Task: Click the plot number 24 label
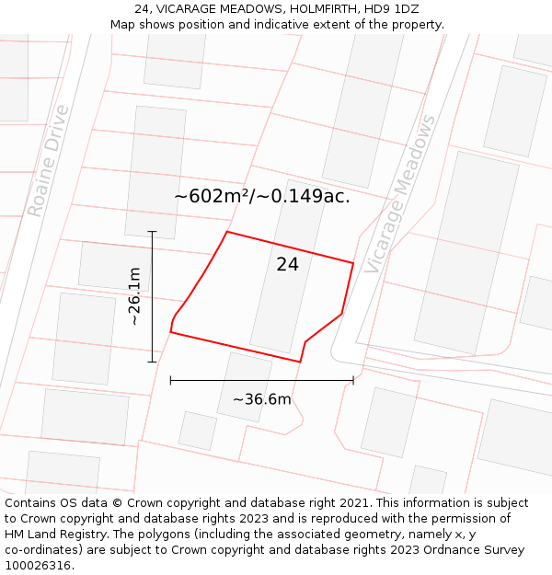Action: tap(287, 265)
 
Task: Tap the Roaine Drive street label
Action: tap(48, 161)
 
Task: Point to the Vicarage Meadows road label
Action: tap(400, 194)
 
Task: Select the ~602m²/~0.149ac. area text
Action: tap(262, 196)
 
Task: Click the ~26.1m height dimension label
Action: tap(134, 296)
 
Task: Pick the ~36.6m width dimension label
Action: tap(261, 399)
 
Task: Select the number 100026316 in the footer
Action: tap(40, 566)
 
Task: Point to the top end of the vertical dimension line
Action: tap(153, 232)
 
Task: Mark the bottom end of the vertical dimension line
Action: tap(153, 362)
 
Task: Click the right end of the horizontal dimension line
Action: tap(353, 380)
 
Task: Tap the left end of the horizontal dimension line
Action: tap(171, 380)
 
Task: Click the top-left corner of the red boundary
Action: tap(227, 232)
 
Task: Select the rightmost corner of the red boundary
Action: tap(353, 263)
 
